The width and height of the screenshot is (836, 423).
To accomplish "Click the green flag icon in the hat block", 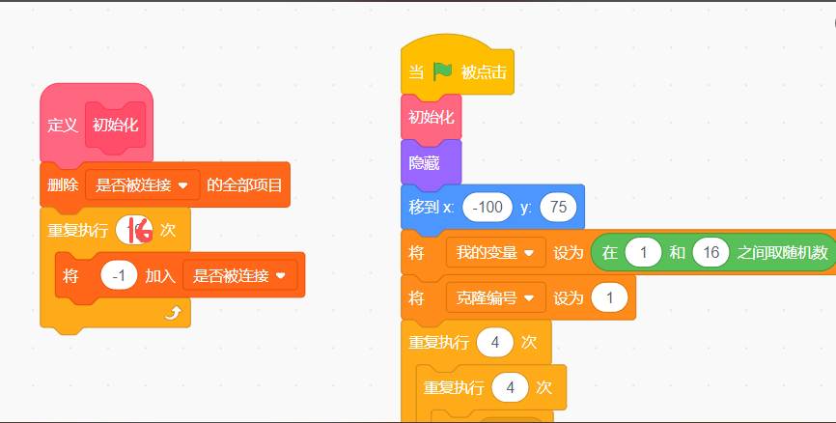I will [x=443, y=71].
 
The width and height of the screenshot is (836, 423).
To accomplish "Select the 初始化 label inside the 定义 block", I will [x=115, y=126].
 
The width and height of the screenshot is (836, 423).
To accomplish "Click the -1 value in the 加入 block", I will [x=119, y=275].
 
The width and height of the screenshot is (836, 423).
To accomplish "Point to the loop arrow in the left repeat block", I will [x=173, y=311].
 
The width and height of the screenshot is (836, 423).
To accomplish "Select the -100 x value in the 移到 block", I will [x=487, y=207].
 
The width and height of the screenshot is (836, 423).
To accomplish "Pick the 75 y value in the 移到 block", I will [x=558, y=207].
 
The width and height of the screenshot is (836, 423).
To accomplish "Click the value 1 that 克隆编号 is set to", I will [x=609, y=297].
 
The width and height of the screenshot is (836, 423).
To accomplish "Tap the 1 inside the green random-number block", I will [x=642, y=252].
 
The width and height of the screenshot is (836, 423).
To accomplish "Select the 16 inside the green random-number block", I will [x=711, y=252].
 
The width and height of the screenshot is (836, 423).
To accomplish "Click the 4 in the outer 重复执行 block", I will [x=494, y=342].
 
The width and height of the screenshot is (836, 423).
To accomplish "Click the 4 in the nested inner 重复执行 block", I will [x=510, y=387].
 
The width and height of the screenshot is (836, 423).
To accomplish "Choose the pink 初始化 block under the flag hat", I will [x=431, y=118].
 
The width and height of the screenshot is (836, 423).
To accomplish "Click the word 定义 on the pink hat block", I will [x=63, y=126].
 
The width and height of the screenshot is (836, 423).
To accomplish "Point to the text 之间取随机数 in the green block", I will [x=782, y=252].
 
